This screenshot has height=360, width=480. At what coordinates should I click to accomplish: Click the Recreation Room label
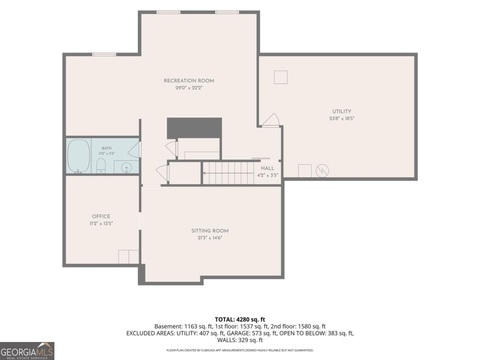click(x=189, y=81)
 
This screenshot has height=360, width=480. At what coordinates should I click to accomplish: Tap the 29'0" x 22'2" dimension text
click(x=189, y=88)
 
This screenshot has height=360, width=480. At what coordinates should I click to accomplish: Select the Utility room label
click(x=342, y=111)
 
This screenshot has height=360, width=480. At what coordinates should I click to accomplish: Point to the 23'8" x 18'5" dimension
click(x=342, y=118)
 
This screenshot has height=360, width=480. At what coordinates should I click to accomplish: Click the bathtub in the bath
click(x=78, y=156)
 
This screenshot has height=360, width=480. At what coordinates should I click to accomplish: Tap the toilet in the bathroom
click(x=101, y=166)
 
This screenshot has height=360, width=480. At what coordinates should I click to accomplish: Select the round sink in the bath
click(x=127, y=168)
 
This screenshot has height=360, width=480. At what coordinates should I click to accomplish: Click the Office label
click(x=101, y=216)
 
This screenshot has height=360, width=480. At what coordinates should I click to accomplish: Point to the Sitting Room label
click(x=210, y=231)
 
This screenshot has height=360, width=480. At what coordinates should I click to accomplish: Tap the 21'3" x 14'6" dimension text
click(x=210, y=238)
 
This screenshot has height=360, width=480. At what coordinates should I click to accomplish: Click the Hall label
click(x=268, y=168)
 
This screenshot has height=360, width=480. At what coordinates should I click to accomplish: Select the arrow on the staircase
click(x=228, y=173)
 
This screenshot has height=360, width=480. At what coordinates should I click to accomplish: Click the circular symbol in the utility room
click(x=322, y=171)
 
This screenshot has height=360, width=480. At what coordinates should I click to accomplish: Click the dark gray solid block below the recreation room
click(x=194, y=128)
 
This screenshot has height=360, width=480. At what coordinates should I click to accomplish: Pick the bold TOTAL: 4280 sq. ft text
click(x=240, y=320)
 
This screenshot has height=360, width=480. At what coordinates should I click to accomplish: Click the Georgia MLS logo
click(x=27, y=351)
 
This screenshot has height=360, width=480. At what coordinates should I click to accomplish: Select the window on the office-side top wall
click(x=104, y=54)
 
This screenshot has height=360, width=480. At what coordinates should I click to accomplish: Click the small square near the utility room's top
click(x=281, y=77)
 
